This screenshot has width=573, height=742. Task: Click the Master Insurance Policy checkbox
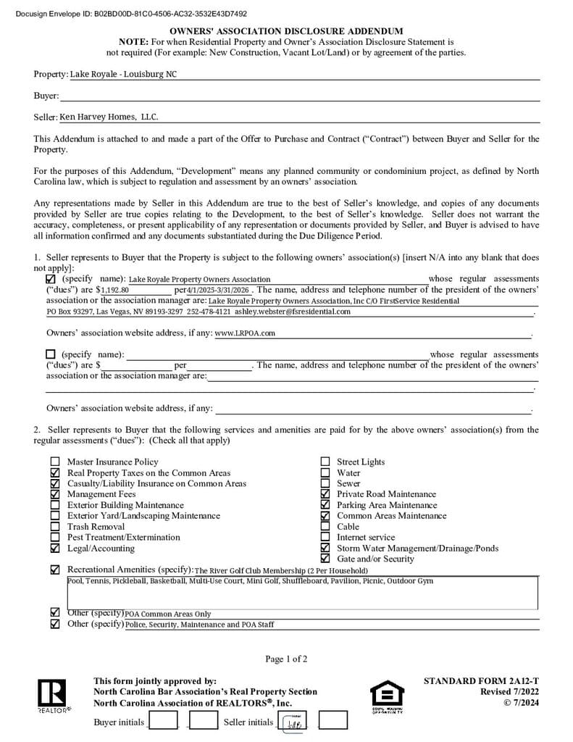click(x=55, y=462)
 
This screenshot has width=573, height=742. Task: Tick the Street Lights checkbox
click(x=325, y=462)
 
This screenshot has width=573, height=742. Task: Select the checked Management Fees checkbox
click(x=55, y=494)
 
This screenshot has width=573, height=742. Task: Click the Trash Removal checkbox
click(x=55, y=527)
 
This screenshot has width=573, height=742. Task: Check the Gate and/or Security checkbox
click(x=325, y=559)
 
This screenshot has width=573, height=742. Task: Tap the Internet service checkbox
click(x=325, y=538)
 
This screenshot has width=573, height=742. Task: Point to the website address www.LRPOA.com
click(x=245, y=333)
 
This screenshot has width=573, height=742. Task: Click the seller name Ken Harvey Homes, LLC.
click(x=109, y=117)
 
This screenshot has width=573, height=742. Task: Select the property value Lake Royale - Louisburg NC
click(x=123, y=75)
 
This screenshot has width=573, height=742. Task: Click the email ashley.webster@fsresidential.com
click(x=298, y=312)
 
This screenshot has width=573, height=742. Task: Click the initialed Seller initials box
click(x=293, y=721)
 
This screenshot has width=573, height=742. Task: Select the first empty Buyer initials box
click(x=164, y=721)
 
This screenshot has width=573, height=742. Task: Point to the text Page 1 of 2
click(x=286, y=659)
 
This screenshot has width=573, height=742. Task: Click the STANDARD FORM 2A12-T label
click(x=481, y=681)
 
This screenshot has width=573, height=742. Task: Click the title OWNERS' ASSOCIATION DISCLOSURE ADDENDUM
click(x=286, y=32)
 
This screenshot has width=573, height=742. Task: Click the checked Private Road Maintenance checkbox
click(x=325, y=494)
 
